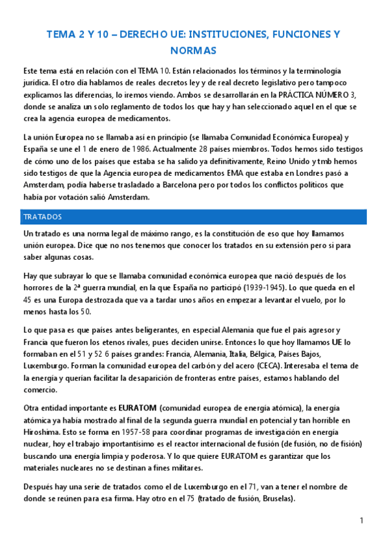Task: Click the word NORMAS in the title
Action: click(194, 50)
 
